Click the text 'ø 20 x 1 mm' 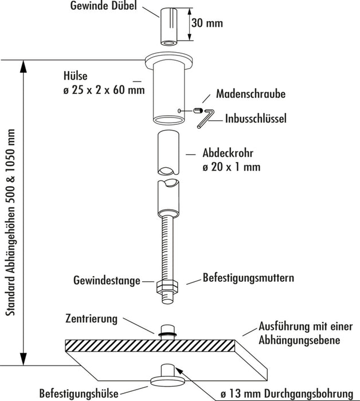pos(231,168)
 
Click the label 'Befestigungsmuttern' pos(248,278)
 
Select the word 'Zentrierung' pos(91,318)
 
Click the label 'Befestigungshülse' pos(78,394)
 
